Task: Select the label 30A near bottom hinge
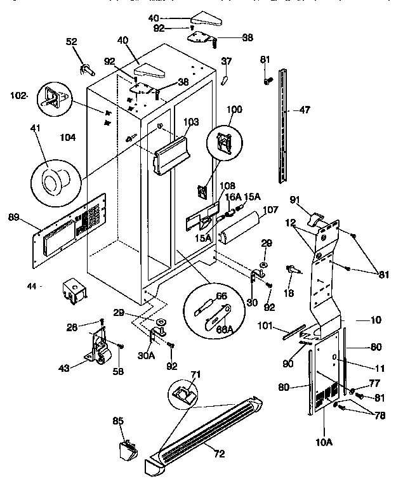146,356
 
